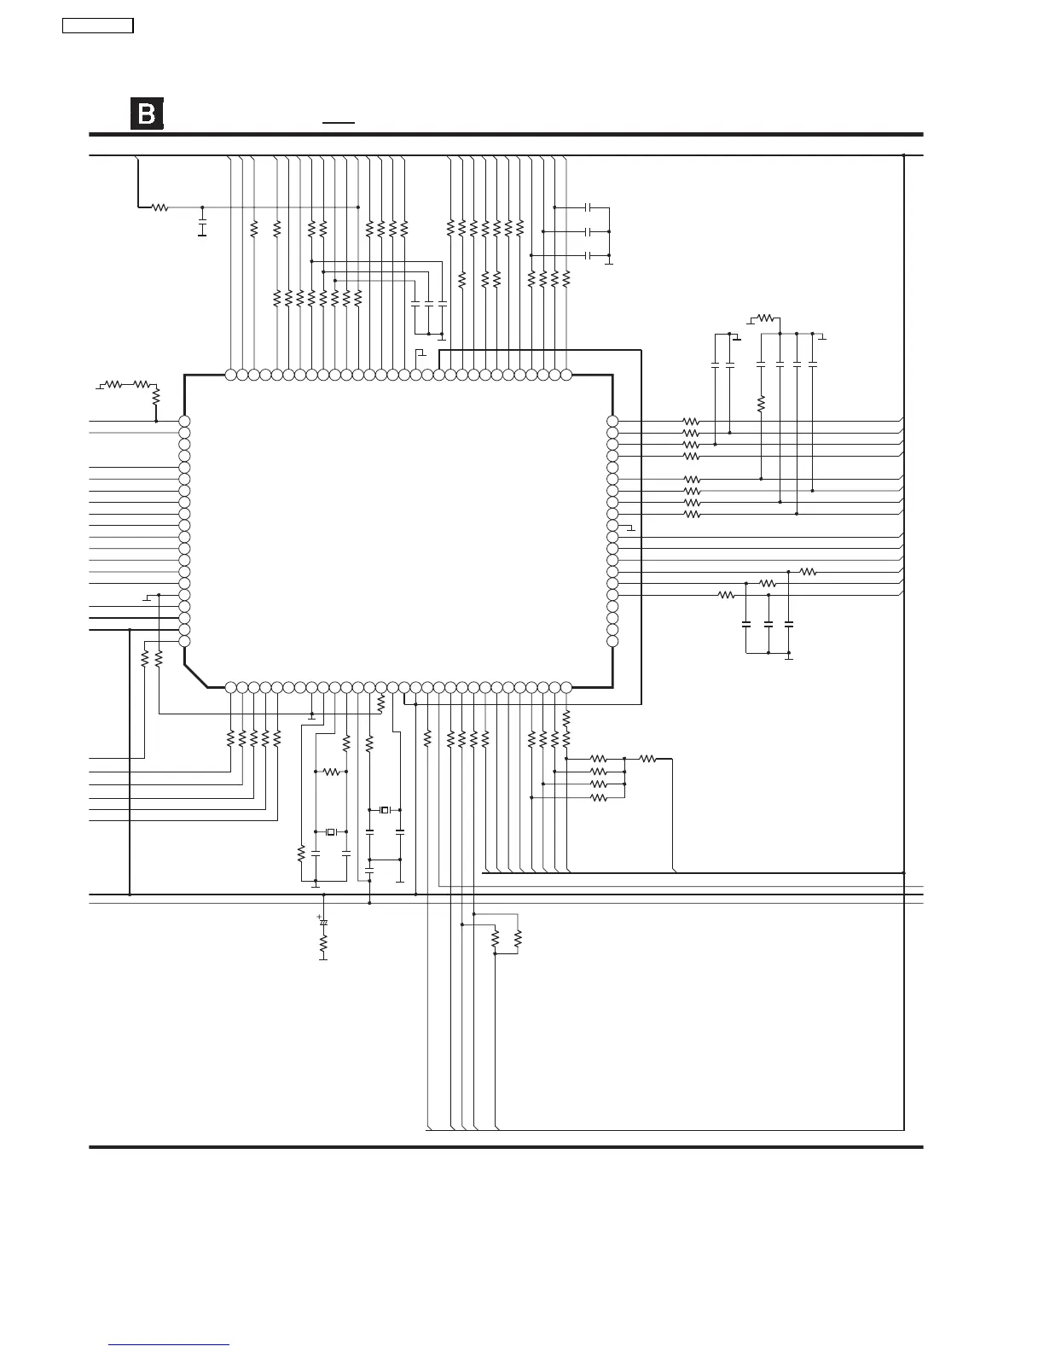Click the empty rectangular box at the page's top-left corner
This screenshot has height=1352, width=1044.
(98, 26)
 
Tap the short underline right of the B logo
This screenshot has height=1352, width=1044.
(339, 123)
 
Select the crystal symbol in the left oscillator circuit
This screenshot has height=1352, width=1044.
(331, 831)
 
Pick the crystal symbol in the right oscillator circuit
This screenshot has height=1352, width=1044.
(385, 809)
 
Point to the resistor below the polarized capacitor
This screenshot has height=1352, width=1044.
(323, 944)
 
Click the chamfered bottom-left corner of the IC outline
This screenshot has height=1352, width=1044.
(195, 675)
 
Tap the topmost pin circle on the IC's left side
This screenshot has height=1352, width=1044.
(183, 422)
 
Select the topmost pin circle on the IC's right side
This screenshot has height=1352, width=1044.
(612, 422)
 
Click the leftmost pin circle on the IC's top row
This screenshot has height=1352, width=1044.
(230, 374)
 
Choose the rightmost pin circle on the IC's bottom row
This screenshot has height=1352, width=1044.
(566, 686)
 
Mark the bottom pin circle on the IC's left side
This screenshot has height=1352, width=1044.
(183, 641)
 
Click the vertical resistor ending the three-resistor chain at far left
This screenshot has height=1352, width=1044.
(156, 398)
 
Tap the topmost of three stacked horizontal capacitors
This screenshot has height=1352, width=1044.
(589, 207)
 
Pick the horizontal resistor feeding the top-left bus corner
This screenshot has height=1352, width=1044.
(159, 207)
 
